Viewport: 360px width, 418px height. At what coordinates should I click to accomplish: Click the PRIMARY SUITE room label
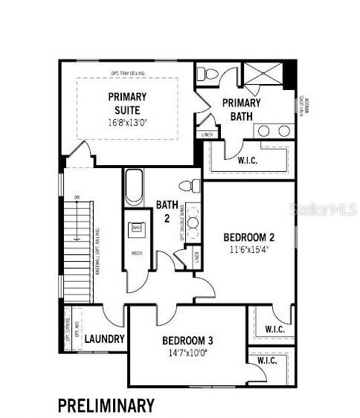(128, 103)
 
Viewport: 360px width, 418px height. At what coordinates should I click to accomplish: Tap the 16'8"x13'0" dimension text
(128, 122)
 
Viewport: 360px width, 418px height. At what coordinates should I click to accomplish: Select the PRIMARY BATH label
(241, 109)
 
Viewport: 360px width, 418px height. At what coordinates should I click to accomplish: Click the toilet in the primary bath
(208, 74)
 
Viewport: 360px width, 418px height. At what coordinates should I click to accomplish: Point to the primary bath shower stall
(264, 76)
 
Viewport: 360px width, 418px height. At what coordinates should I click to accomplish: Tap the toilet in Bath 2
(190, 186)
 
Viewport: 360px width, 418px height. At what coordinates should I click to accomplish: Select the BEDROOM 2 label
(249, 237)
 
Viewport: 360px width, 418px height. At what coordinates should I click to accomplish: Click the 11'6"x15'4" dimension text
(249, 250)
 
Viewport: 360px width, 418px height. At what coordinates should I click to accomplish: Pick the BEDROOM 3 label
(187, 341)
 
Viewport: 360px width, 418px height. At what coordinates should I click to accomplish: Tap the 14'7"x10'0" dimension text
(187, 353)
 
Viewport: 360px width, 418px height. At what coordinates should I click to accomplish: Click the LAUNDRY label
(104, 339)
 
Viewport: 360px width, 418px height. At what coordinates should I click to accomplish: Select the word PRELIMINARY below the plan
(106, 405)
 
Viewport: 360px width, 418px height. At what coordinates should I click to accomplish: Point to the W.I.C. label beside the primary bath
(248, 161)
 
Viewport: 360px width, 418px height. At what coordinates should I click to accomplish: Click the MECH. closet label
(137, 254)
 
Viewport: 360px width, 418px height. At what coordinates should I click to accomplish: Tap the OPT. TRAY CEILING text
(128, 73)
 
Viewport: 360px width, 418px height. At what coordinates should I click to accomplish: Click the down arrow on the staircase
(77, 223)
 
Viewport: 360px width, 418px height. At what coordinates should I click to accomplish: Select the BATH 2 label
(166, 211)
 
